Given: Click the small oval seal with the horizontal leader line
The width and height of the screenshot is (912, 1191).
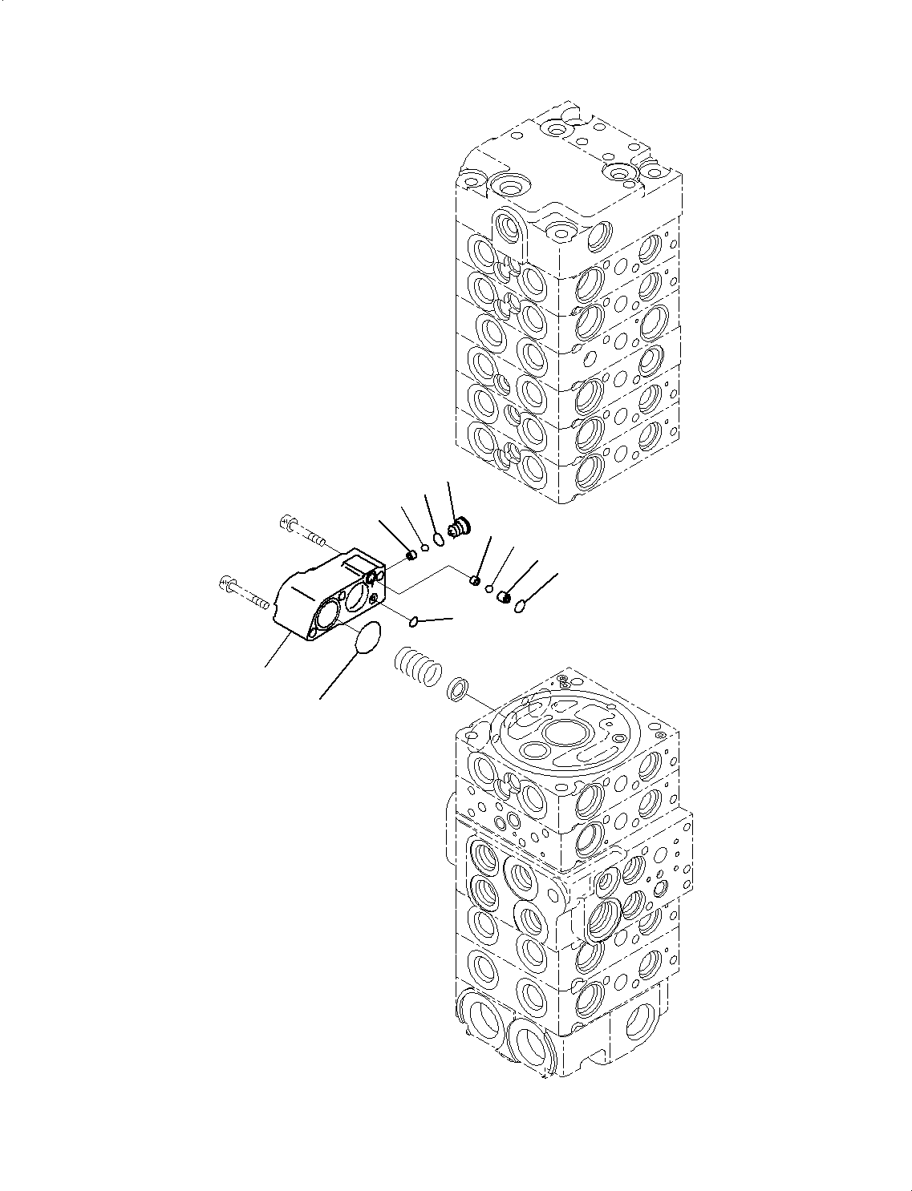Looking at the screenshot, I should click(414, 623).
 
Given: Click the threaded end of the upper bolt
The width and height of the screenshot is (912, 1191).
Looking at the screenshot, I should click(315, 536).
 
